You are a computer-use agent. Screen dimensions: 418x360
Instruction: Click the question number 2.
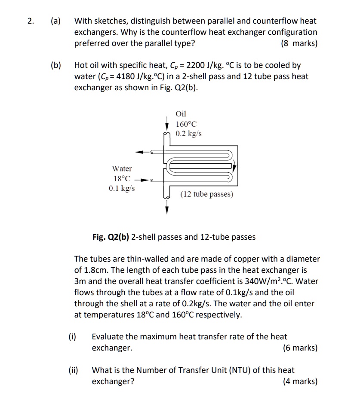tap(30, 21)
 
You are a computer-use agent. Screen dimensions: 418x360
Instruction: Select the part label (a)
tap(55, 21)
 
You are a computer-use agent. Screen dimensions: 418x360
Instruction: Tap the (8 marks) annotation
tap(299, 43)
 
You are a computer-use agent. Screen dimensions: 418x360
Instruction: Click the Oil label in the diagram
tap(181, 114)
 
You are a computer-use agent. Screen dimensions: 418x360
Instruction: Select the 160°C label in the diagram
tap(186, 124)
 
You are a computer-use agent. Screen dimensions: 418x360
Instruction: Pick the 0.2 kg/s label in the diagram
tap(188, 134)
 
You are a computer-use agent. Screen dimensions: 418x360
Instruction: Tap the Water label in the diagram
tap(122, 169)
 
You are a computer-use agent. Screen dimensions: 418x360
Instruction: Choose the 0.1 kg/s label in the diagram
tap(122, 189)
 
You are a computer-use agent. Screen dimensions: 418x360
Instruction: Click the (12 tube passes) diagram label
tap(207, 194)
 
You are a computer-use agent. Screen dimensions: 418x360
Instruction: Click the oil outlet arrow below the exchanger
tap(167, 208)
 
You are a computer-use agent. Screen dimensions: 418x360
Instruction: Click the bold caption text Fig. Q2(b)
tap(111, 237)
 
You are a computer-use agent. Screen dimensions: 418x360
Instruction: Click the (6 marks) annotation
tap(299, 348)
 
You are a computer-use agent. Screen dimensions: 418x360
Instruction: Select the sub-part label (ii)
tap(74, 370)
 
